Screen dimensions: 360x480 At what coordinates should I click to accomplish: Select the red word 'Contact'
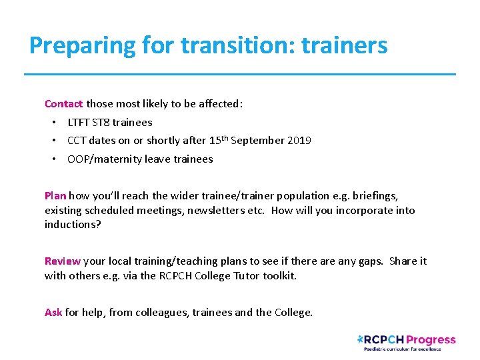[x=63, y=104]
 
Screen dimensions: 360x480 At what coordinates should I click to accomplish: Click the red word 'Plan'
[x=55, y=196]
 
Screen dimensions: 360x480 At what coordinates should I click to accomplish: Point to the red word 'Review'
[x=62, y=261]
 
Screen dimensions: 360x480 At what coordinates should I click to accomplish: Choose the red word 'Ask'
[x=53, y=312]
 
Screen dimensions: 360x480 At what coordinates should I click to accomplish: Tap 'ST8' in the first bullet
[x=100, y=123]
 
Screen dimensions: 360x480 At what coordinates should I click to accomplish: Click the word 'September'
[x=258, y=141]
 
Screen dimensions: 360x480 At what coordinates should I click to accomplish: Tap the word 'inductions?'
[x=73, y=225]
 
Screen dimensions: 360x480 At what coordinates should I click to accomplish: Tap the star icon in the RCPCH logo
[x=361, y=339]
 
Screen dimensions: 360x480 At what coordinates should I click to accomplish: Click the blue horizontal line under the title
[x=240, y=73]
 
